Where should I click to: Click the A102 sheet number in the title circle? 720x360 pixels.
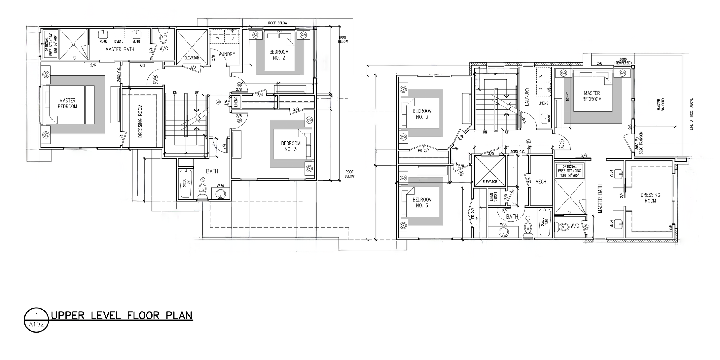[x=36, y=324]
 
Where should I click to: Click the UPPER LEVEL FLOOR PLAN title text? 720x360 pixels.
[x=122, y=316]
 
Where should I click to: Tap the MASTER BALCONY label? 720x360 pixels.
[x=661, y=105]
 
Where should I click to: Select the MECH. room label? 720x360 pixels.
[x=541, y=182]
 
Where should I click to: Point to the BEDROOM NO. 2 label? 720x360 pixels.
[x=278, y=55]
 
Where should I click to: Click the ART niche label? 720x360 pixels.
[x=142, y=65]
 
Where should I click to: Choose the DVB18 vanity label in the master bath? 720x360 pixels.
[x=119, y=41]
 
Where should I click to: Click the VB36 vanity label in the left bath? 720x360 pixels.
[x=220, y=186]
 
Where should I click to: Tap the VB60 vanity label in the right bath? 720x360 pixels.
[x=503, y=224]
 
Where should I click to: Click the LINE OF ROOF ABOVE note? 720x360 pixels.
[x=691, y=114]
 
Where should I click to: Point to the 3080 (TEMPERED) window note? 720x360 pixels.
[x=623, y=61]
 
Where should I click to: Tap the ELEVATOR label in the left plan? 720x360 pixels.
[x=192, y=58]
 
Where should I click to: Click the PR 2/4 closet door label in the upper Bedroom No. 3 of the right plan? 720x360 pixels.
[x=424, y=150]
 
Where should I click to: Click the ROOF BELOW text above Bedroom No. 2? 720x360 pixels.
[x=277, y=23]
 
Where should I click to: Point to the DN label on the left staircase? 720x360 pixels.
[x=175, y=92]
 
